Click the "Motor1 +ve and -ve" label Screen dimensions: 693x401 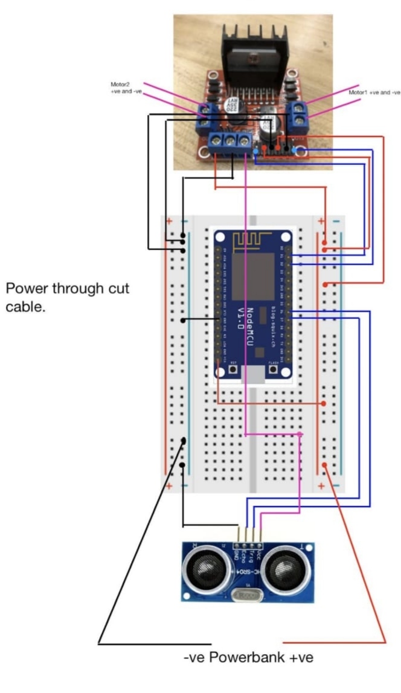(374, 93)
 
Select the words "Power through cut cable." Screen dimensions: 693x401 (67, 297)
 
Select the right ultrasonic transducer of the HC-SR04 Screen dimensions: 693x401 (286, 569)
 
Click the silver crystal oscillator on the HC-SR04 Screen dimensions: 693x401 (246, 595)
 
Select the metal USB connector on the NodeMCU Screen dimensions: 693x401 (253, 375)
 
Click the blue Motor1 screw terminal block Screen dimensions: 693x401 (300, 117)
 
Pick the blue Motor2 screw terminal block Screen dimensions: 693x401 (207, 117)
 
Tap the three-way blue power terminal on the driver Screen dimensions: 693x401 (230, 142)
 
